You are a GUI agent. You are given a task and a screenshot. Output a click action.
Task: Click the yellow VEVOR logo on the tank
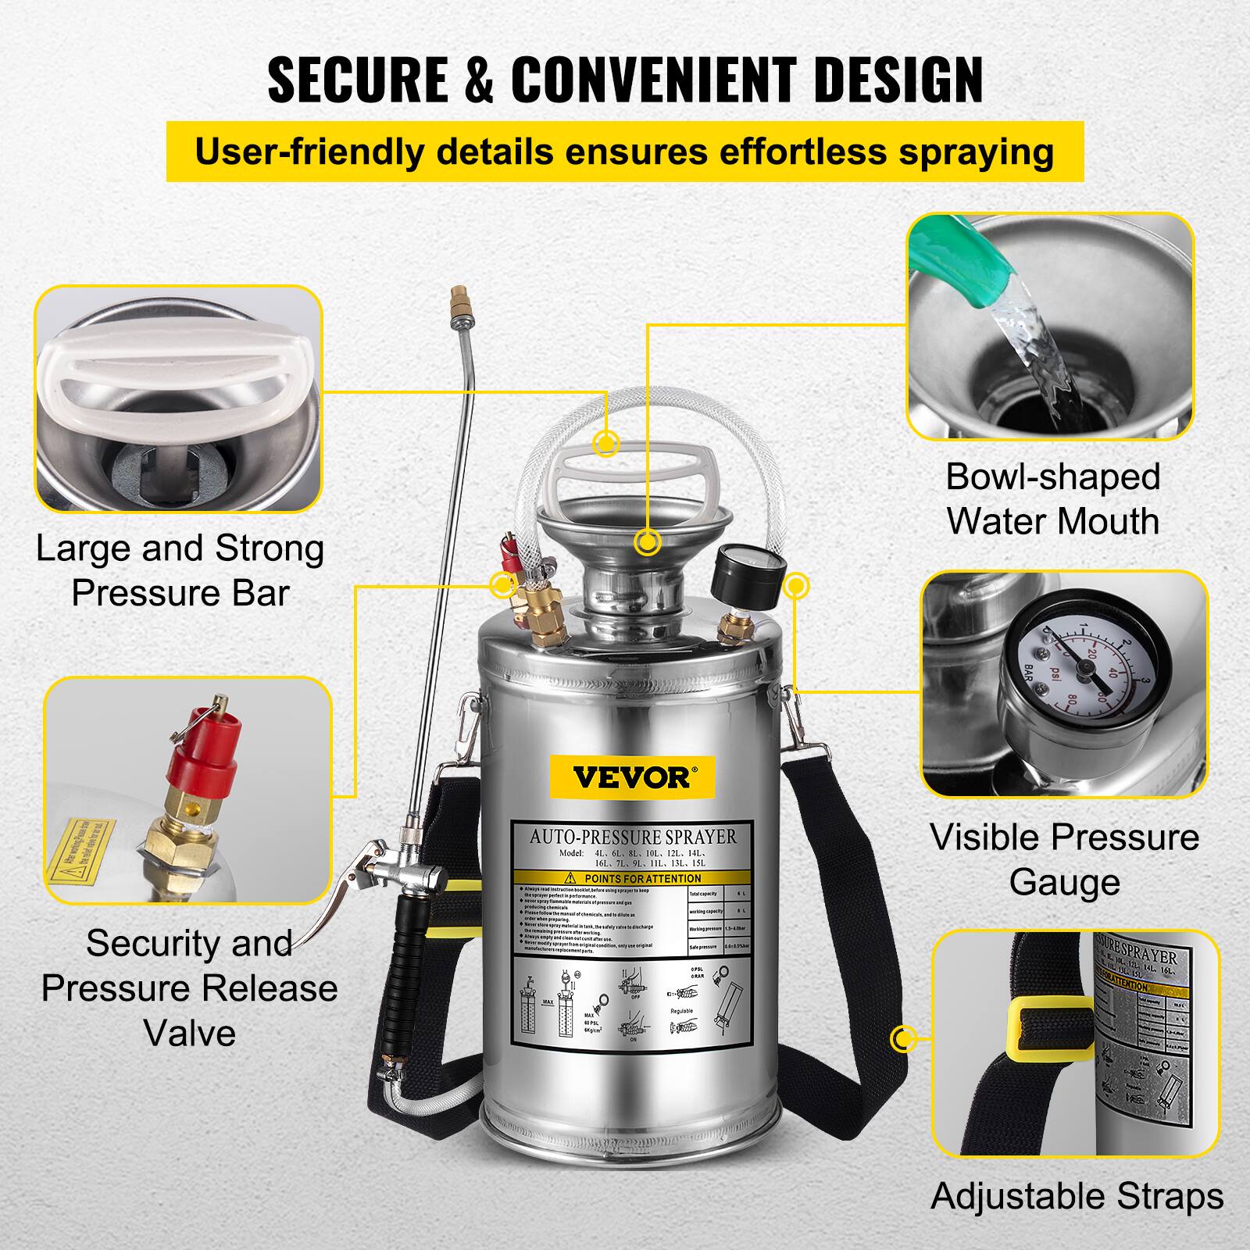631,777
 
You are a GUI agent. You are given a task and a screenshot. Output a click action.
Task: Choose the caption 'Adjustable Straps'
1077,1196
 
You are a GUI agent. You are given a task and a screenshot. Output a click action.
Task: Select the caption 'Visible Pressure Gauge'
1064,859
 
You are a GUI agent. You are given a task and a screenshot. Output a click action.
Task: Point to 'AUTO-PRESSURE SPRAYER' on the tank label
633,837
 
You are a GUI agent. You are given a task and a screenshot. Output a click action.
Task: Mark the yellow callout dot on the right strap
904,1039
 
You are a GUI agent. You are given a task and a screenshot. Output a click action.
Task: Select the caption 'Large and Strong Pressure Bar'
180,570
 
